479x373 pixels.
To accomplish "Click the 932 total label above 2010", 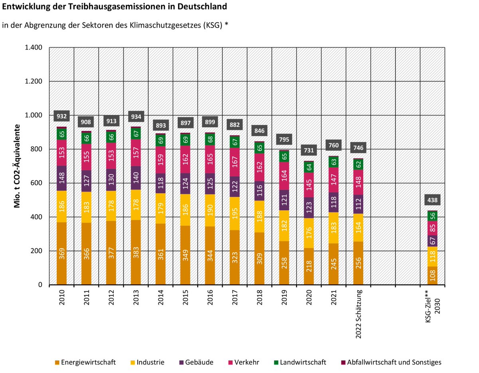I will (x=61, y=116).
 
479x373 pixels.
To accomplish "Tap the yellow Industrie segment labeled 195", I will (x=235, y=213).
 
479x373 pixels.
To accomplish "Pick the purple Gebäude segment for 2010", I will (x=61, y=178).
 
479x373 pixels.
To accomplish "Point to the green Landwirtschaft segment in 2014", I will (x=160, y=140).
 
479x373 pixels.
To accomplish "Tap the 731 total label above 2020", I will (x=309, y=150).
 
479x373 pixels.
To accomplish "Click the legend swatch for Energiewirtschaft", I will (x=58, y=363).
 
